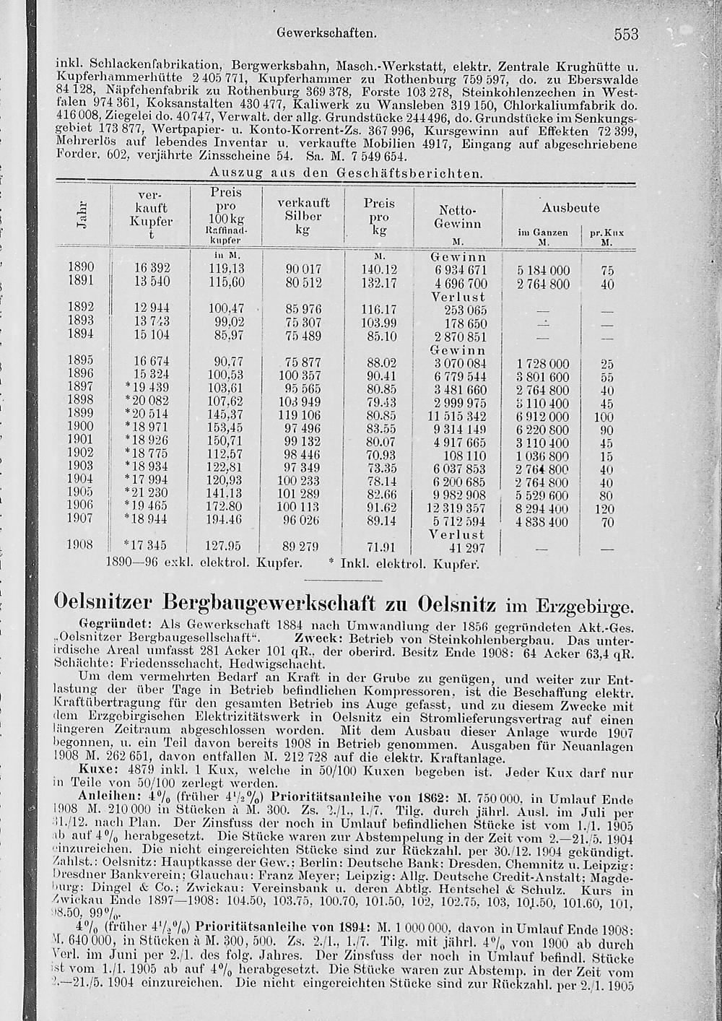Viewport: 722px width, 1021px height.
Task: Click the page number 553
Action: click(627, 34)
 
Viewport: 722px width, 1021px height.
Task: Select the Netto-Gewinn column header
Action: click(458, 217)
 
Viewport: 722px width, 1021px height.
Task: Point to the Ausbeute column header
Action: click(570, 208)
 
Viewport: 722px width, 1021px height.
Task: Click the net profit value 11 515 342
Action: click(457, 417)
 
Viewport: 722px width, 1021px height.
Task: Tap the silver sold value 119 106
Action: click(302, 417)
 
